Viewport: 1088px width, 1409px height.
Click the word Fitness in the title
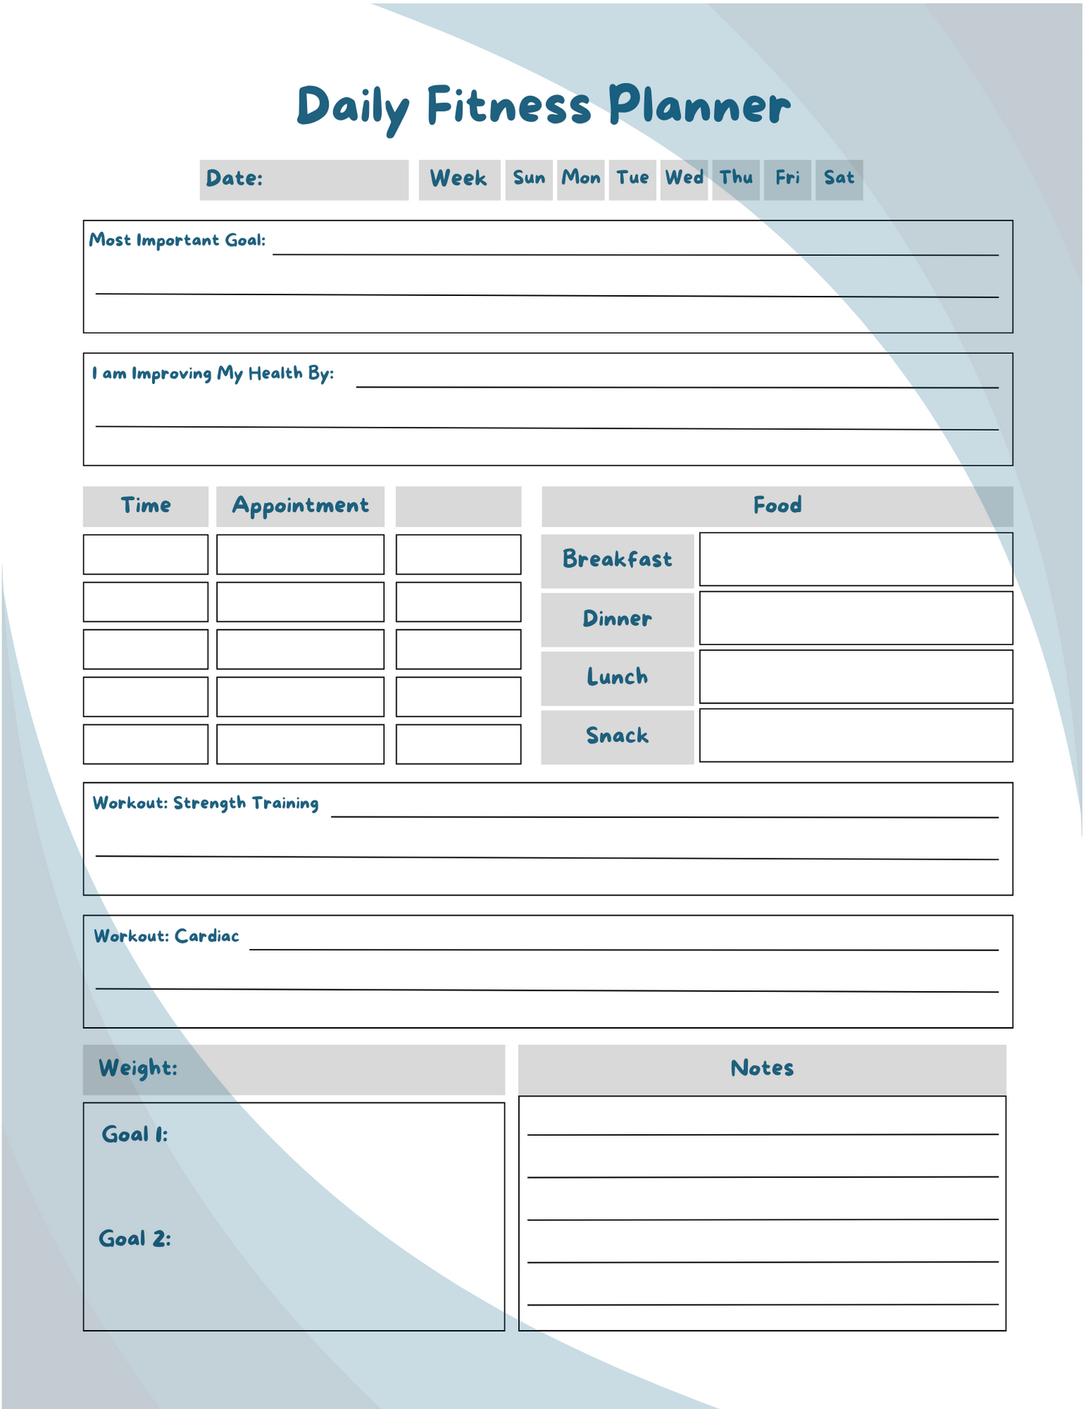pyautogui.click(x=509, y=105)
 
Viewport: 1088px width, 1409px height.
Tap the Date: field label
pyautogui.click(x=234, y=178)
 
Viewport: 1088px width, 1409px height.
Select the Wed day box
pyautogui.click(x=684, y=178)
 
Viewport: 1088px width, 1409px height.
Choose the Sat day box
pyautogui.click(x=839, y=178)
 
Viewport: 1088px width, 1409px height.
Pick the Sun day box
pyautogui.click(x=529, y=178)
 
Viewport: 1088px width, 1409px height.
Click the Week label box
pyautogui.click(x=459, y=179)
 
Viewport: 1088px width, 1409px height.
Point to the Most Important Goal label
pyautogui.click(x=177, y=240)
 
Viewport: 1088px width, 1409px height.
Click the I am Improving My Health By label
pyautogui.click(x=212, y=374)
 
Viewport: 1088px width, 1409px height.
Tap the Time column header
pyautogui.click(x=145, y=505)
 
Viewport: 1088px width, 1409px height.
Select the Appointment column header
pyautogui.click(x=300, y=505)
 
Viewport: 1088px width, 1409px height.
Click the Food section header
pyautogui.click(x=777, y=505)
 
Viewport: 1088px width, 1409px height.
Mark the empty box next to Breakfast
pyautogui.click(x=855, y=559)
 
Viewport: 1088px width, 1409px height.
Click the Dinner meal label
pyautogui.click(x=617, y=619)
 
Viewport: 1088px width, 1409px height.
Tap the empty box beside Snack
pyautogui.click(x=855, y=735)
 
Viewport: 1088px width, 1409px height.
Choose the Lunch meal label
pyautogui.click(x=617, y=677)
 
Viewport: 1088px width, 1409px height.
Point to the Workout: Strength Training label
pyautogui.click(x=205, y=803)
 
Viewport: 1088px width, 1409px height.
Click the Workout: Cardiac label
pyautogui.click(x=166, y=936)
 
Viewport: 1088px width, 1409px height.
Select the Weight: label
pyautogui.click(x=138, y=1068)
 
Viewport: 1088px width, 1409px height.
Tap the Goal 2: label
pyautogui.click(x=135, y=1239)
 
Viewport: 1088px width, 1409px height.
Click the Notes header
pyautogui.click(x=761, y=1068)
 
